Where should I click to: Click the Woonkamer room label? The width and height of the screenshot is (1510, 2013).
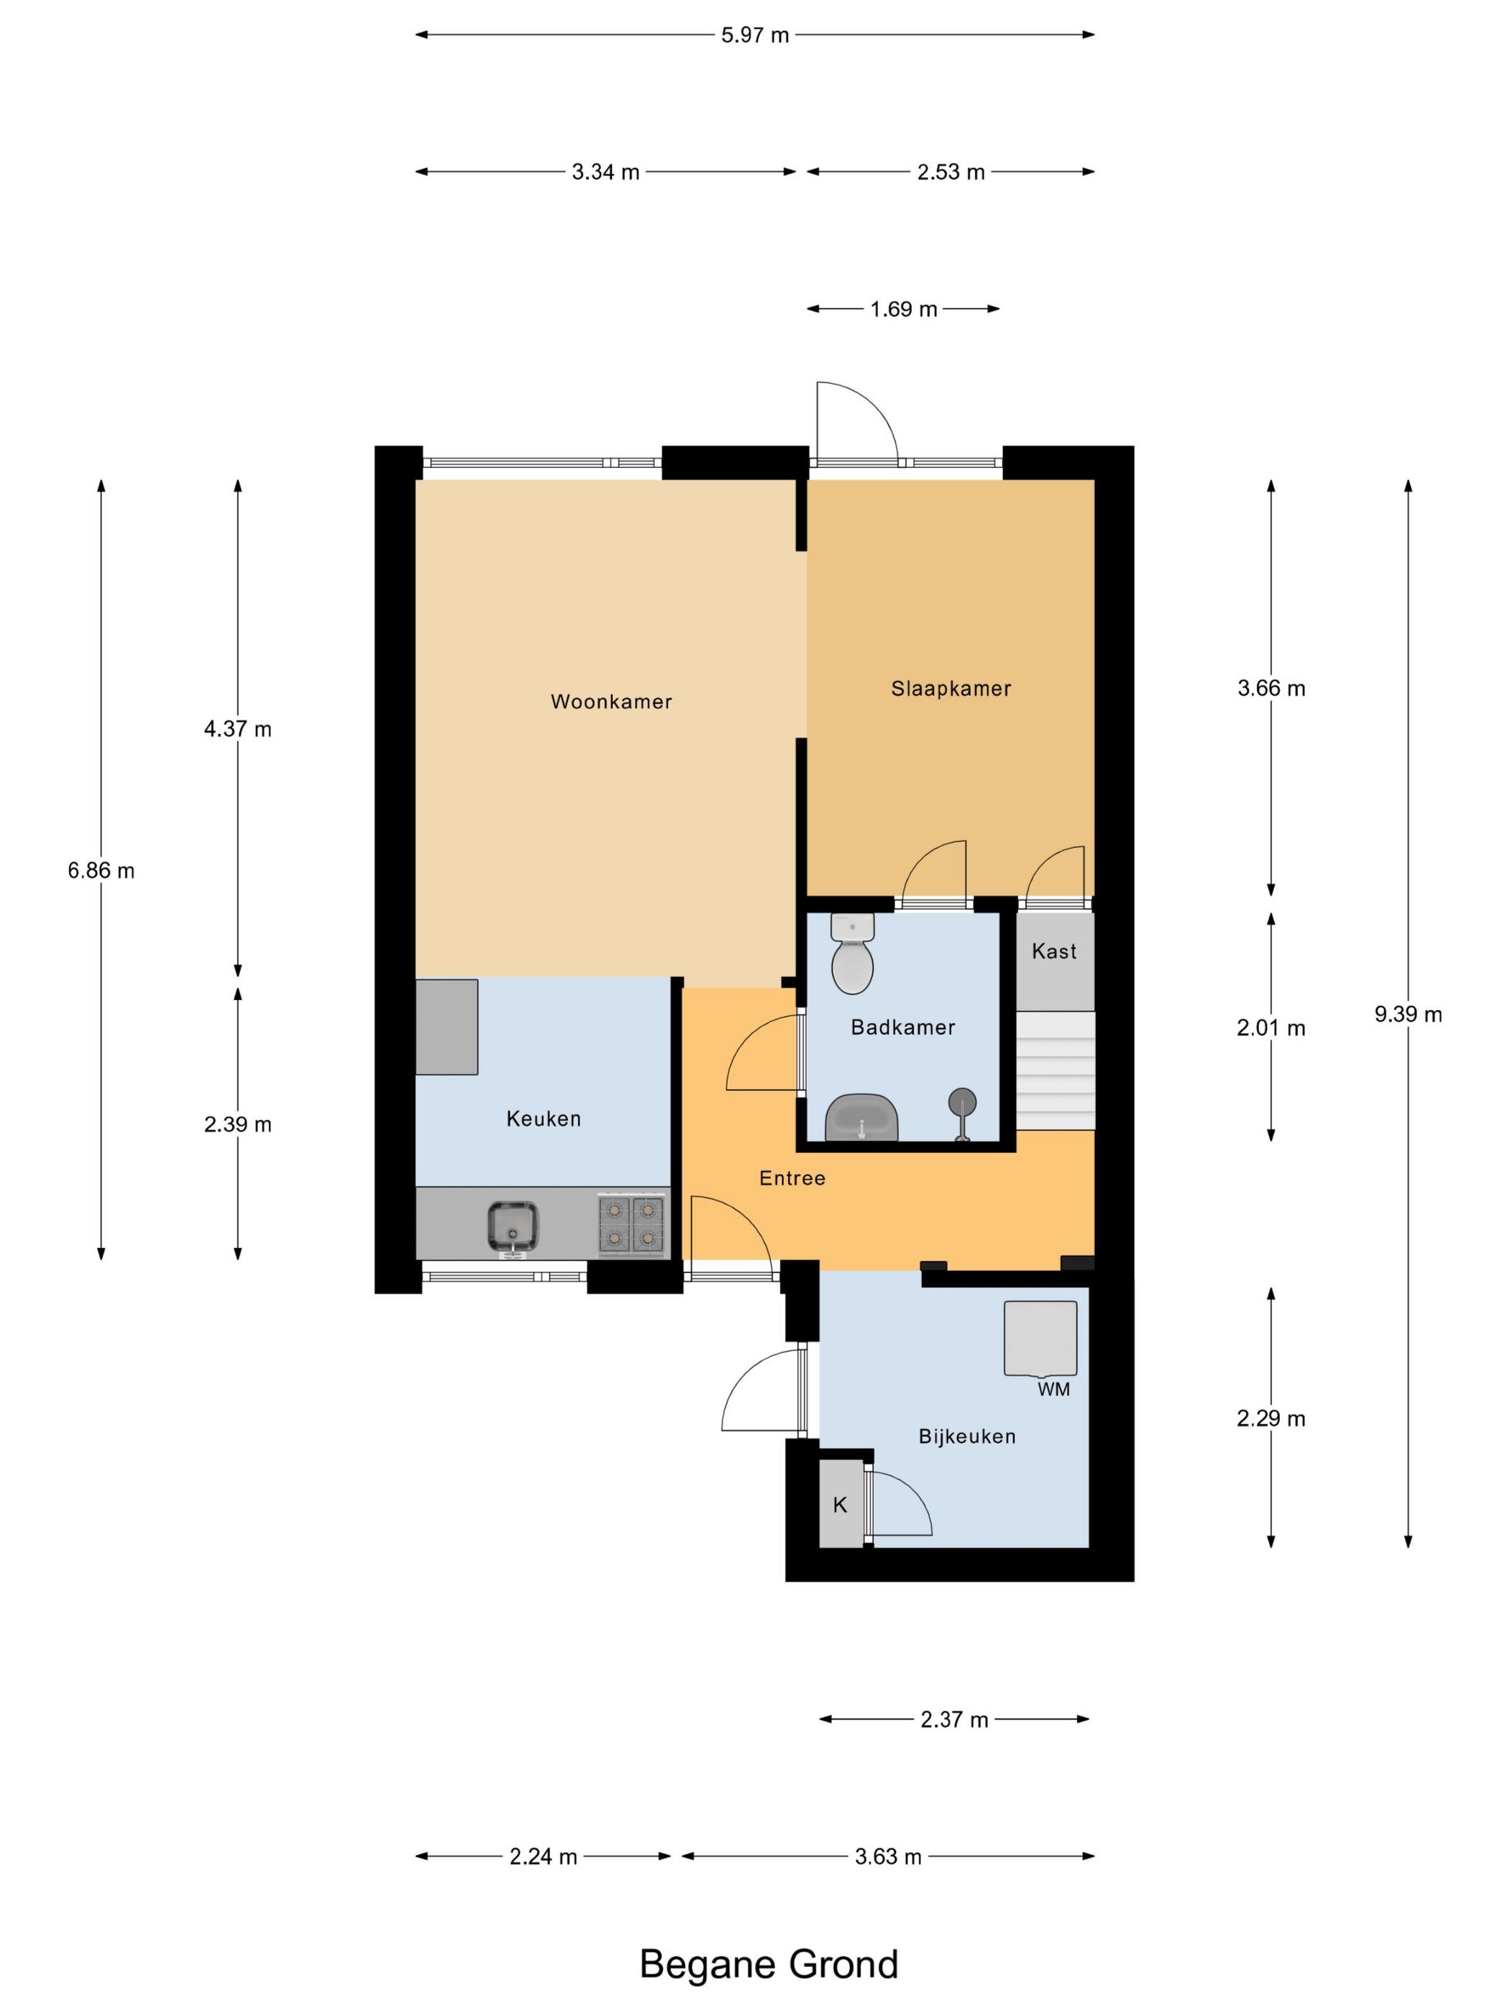point(610,702)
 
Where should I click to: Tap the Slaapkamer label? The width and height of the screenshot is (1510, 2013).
point(951,689)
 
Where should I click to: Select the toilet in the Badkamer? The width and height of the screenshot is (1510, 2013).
point(853,954)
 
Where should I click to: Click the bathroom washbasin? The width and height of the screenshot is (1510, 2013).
point(861,1117)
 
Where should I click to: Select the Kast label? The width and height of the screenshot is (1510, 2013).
point(1054,951)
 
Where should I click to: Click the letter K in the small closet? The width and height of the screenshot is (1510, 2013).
point(840,1505)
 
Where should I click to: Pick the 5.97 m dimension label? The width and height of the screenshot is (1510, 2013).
point(754,35)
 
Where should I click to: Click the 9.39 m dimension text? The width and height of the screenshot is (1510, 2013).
point(1408,1014)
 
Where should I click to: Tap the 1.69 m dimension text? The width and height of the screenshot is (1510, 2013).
point(903,309)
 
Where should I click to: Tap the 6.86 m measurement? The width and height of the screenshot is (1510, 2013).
point(101,871)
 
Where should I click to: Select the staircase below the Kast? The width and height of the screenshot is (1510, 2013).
point(1055,1070)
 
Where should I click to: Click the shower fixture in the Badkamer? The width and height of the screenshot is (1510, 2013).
point(962,1114)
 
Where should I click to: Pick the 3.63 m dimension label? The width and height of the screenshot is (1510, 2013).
point(888,1856)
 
